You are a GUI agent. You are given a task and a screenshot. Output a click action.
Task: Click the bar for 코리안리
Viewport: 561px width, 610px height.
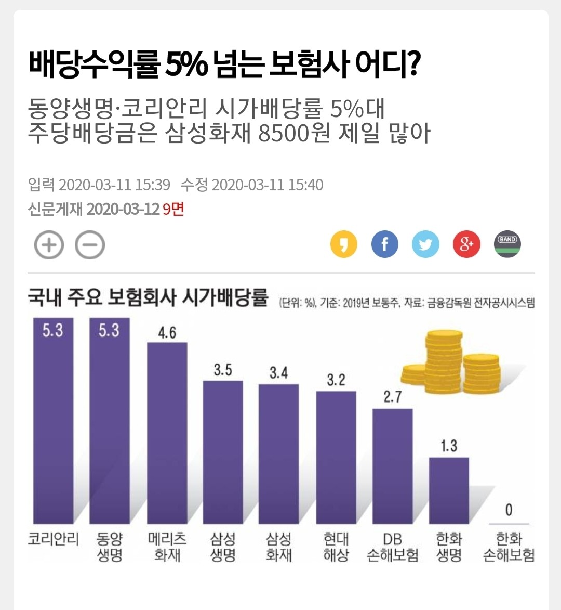(53, 421)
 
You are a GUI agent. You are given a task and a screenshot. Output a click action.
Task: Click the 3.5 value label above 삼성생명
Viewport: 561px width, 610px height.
(223, 370)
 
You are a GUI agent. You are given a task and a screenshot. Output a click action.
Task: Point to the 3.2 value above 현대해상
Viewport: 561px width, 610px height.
(336, 380)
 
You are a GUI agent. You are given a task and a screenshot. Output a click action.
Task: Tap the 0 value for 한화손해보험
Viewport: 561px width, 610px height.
(509, 510)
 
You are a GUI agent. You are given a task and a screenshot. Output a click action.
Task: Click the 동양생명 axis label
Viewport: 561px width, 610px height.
(110, 547)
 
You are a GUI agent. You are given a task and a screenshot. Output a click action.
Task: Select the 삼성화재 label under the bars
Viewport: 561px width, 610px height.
(279, 547)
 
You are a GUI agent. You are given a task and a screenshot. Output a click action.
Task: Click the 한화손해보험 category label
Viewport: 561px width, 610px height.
(509, 547)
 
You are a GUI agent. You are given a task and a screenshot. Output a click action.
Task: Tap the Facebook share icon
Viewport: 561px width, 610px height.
(385, 244)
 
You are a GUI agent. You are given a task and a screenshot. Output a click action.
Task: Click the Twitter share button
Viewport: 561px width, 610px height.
(425, 244)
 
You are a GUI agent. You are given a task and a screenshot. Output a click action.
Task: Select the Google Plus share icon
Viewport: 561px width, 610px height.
(466, 244)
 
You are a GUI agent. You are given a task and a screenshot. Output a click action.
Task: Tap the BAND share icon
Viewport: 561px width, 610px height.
(507, 244)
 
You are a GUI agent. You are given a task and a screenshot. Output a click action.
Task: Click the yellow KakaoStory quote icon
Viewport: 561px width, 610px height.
(344, 244)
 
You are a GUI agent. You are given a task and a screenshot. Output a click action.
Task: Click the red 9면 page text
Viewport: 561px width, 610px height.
(173, 209)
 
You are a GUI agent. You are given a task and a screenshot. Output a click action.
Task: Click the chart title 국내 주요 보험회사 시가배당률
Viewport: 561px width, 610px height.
(148, 298)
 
